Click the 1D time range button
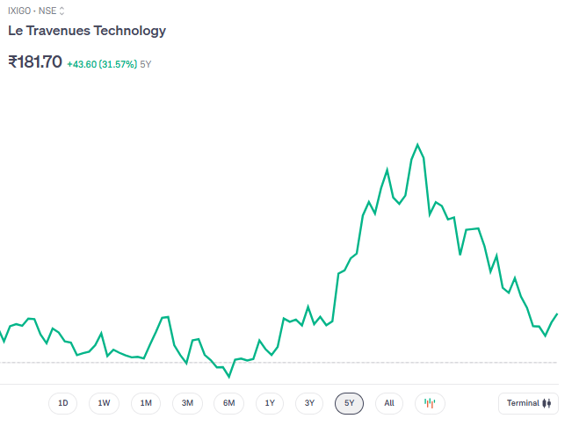(63, 403)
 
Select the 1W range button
(104, 403)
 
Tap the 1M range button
(146, 403)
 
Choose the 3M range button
(187, 403)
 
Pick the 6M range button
(228, 403)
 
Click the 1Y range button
(270, 403)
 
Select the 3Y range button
(309, 403)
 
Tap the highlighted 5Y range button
(349, 403)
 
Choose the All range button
(389, 403)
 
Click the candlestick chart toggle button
(430, 403)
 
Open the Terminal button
(528, 403)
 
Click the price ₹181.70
(35, 62)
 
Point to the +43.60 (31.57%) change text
(102, 64)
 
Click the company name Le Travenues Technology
(87, 31)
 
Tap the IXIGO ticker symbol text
(19, 11)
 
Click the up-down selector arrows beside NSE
(62, 11)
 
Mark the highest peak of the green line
(417, 145)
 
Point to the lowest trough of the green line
(229, 377)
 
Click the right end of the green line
(557, 314)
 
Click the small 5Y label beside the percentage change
(146, 64)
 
